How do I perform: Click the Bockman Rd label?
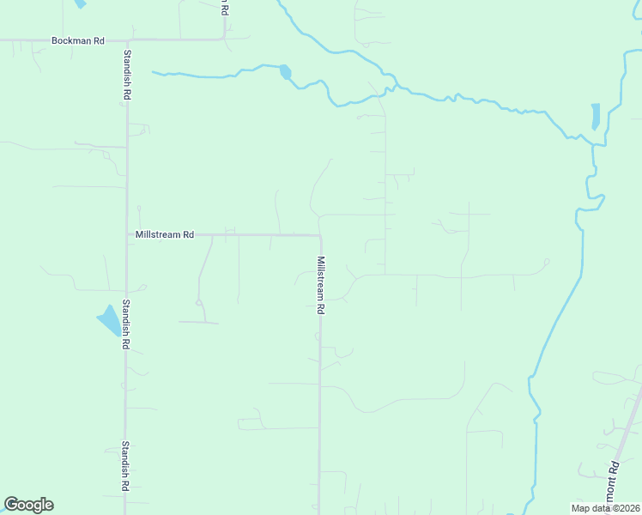pyautogui.click(x=77, y=40)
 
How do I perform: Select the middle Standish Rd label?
pyautogui.click(x=125, y=324)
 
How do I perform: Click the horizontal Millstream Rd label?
pyautogui.click(x=165, y=234)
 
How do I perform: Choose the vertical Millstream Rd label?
pyautogui.click(x=320, y=284)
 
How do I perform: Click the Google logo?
pyautogui.click(x=28, y=505)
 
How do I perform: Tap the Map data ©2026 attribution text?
pyautogui.click(x=605, y=508)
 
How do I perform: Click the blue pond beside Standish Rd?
pyautogui.click(x=110, y=321)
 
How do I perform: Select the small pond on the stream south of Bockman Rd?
pyautogui.click(x=285, y=72)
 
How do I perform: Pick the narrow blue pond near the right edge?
pyautogui.click(x=596, y=117)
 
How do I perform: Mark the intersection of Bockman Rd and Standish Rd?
pyautogui.click(x=127, y=39)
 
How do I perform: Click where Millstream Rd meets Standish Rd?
pyautogui.click(x=127, y=234)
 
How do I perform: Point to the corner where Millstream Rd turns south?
pyautogui.click(x=320, y=235)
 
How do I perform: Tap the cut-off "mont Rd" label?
pyautogui.click(x=614, y=482)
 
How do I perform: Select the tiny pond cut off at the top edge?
pyautogui.click(x=80, y=3)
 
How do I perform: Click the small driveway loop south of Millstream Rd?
pyautogui.click(x=199, y=302)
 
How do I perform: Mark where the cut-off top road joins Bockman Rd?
pyautogui.click(x=224, y=39)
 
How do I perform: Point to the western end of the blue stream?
pyautogui.click(x=154, y=72)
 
